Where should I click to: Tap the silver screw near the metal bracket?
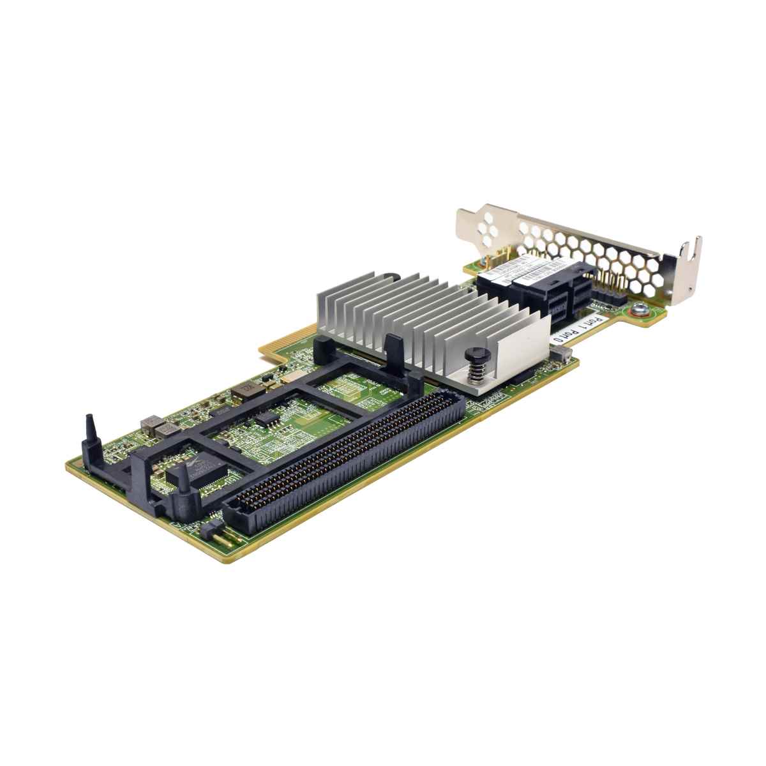pyautogui.click(x=637, y=312)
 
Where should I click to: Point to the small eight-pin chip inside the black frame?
pyautogui.click(x=266, y=417)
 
